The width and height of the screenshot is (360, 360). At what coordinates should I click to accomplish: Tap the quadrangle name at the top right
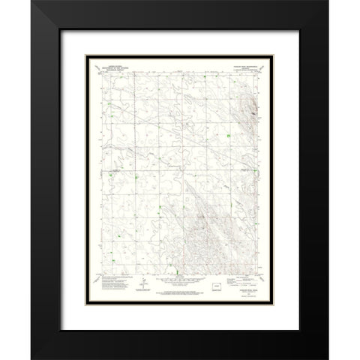[242, 65]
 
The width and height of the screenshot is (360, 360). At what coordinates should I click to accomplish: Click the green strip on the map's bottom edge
[175, 271]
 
